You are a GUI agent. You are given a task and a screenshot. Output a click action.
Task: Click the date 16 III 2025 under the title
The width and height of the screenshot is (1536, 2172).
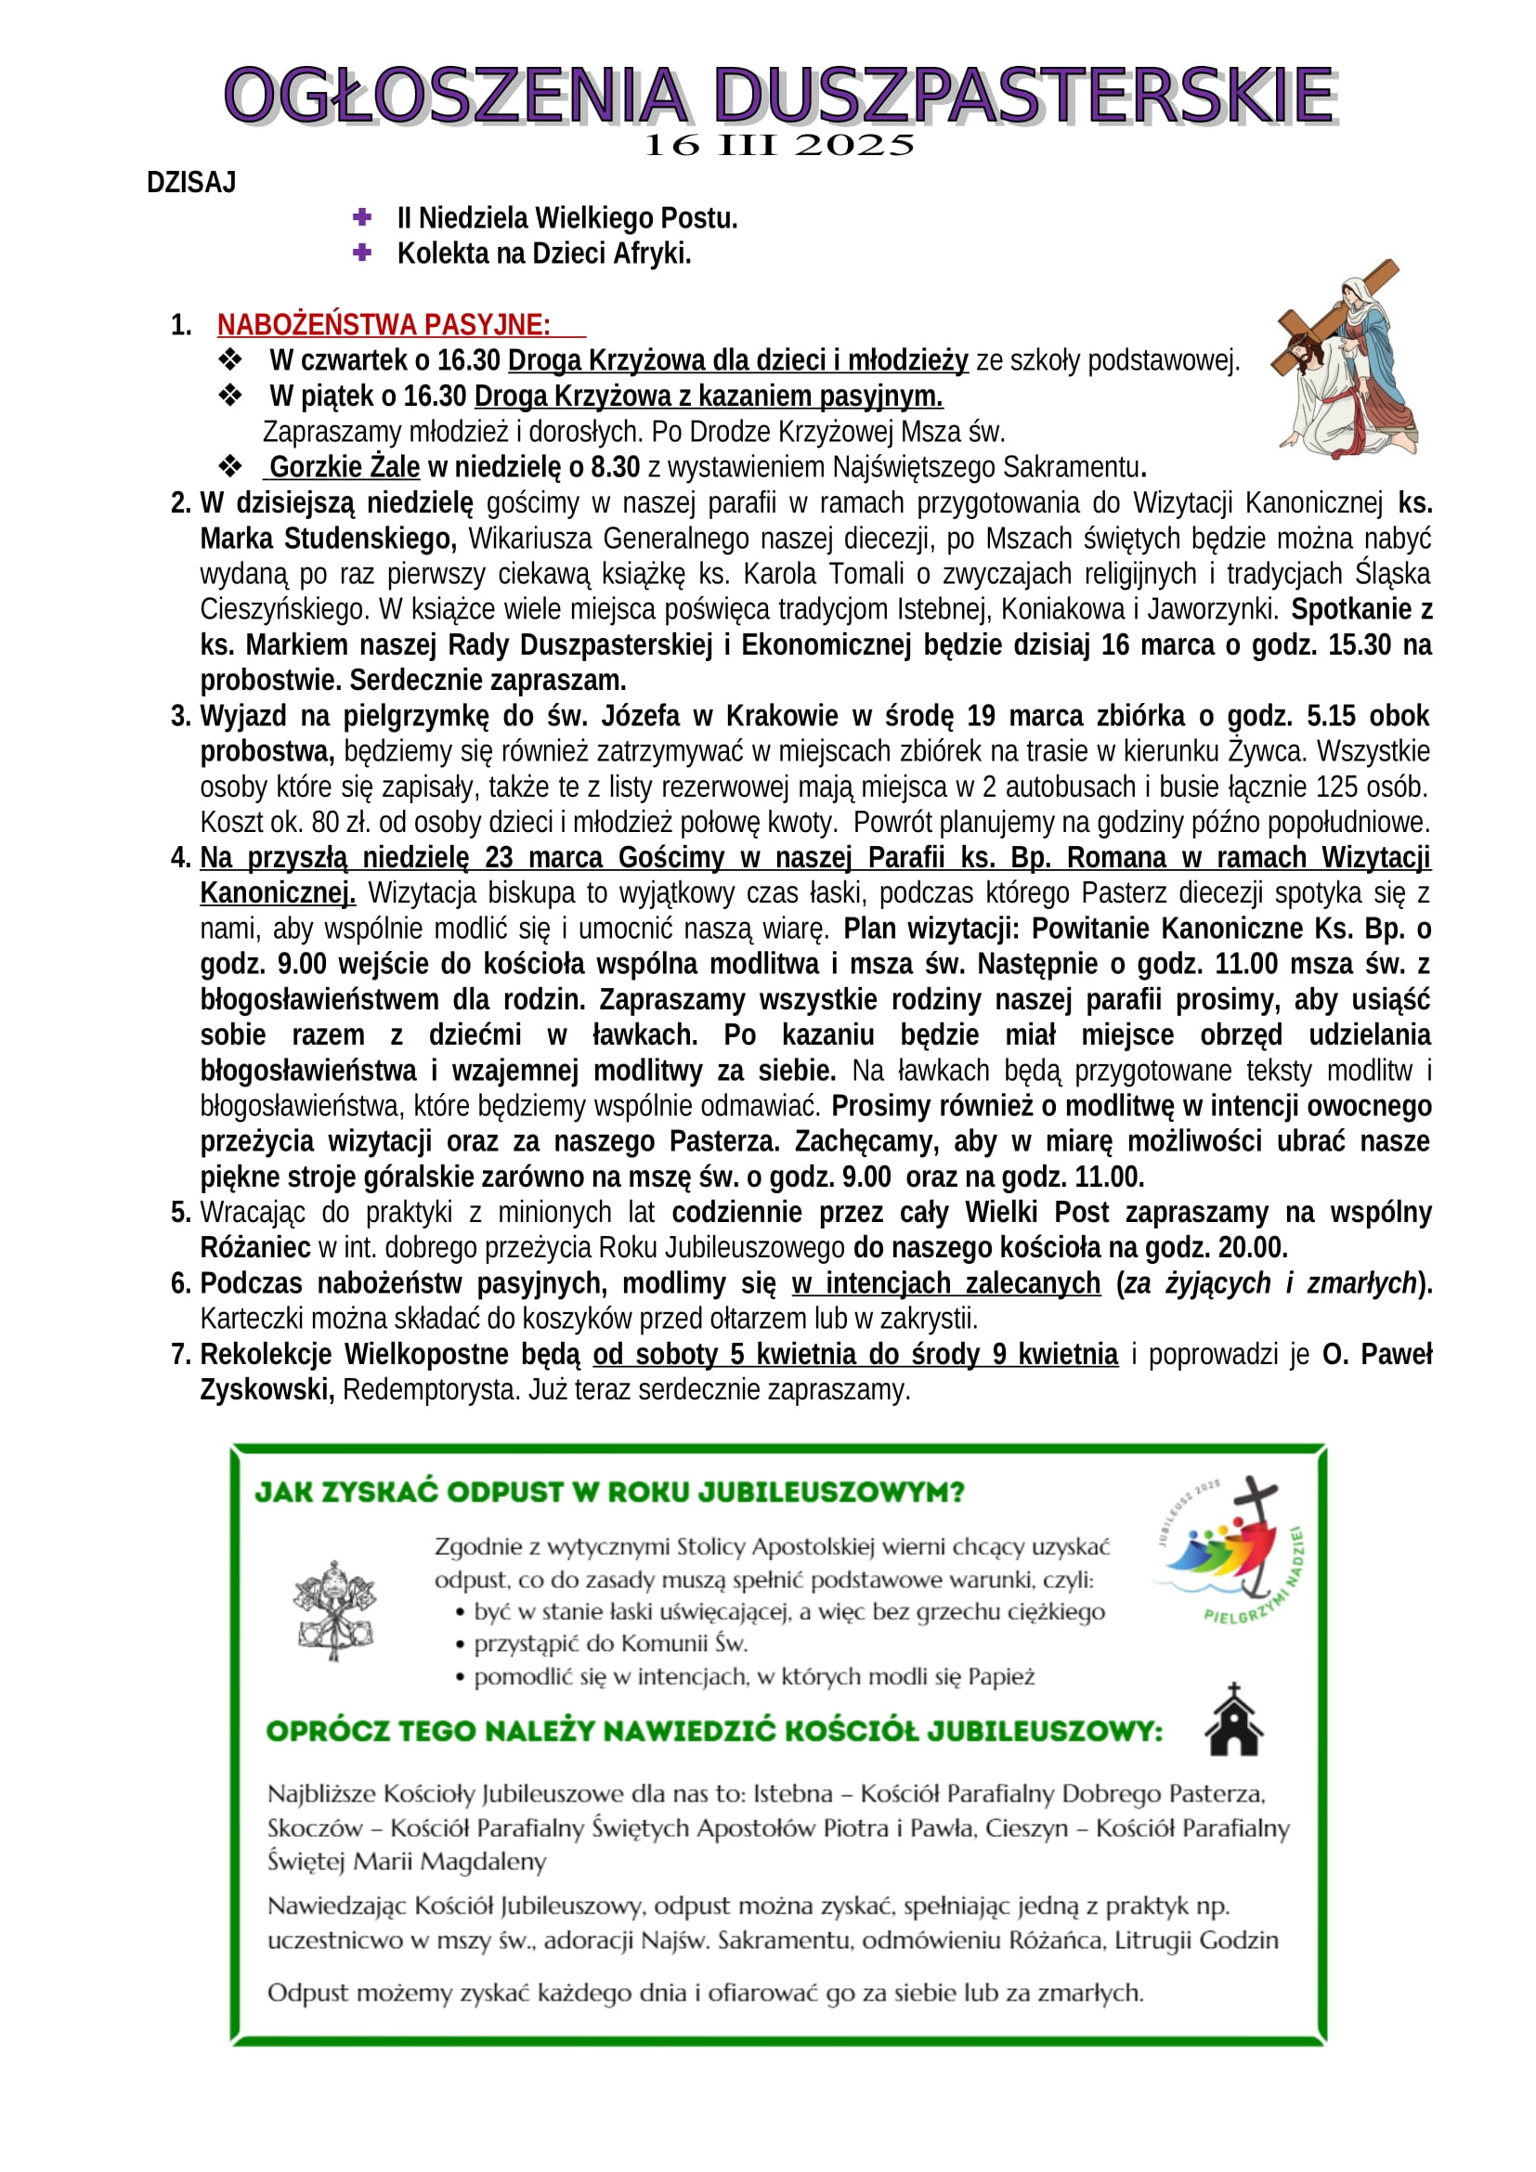tap(778, 146)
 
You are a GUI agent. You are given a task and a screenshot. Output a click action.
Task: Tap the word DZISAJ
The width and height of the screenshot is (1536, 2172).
tap(191, 183)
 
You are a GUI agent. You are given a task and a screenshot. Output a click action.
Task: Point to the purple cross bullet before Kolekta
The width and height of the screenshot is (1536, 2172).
tap(361, 253)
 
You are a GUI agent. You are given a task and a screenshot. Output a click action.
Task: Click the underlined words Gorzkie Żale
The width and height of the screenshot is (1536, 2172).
tap(345, 467)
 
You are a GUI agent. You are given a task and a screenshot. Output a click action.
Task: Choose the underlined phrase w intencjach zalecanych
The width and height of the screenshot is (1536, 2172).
tap(945, 1283)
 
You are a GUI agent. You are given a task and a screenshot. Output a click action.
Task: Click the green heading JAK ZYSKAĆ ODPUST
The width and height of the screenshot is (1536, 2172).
tap(610, 1492)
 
